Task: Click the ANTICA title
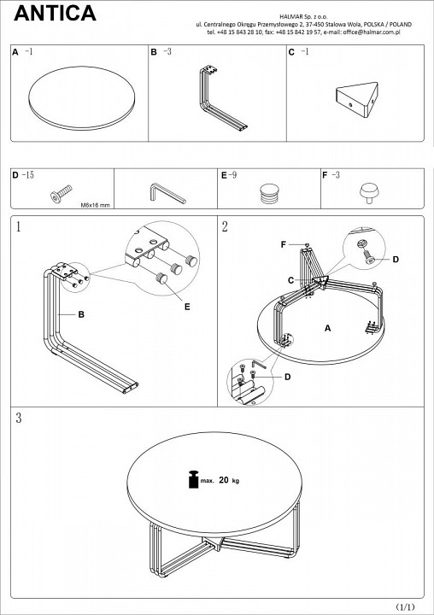[55, 13]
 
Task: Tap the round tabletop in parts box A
[82, 98]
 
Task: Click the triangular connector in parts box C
[357, 99]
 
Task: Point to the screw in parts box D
[62, 193]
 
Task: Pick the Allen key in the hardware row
[167, 193]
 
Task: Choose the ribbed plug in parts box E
[269, 193]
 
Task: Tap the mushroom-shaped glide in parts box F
[370, 193]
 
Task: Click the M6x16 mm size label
[96, 205]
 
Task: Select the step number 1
[18, 226]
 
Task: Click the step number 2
[225, 226]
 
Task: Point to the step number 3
[19, 418]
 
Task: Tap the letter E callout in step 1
[187, 307]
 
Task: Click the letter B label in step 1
[81, 314]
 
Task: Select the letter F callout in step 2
[284, 245]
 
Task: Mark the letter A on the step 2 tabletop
[328, 328]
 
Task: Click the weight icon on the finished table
[194, 479]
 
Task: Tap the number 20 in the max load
[224, 480]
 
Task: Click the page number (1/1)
[405, 607]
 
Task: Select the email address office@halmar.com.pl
[372, 32]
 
